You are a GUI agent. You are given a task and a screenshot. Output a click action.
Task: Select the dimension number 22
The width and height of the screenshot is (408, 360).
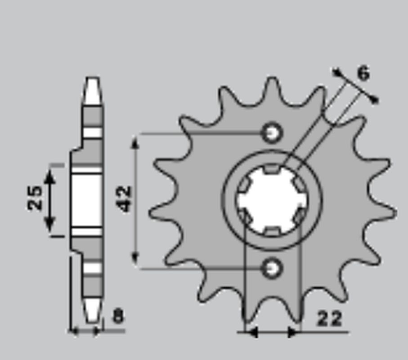pyautogui.click(x=330, y=319)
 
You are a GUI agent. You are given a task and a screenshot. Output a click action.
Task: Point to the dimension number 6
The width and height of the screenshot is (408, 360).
pyautogui.click(x=363, y=73)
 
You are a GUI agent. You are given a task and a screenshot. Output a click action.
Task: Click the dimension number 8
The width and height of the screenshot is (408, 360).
pyautogui.click(x=117, y=316)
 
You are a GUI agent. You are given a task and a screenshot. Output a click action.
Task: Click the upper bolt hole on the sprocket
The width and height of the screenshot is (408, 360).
pyautogui.click(x=272, y=132)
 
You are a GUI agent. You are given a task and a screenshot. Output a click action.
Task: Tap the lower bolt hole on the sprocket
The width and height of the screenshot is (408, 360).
pyautogui.click(x=272, y=268)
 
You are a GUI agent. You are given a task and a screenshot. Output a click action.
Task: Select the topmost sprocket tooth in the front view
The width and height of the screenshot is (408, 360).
pyautogui.click(x=272, y=88)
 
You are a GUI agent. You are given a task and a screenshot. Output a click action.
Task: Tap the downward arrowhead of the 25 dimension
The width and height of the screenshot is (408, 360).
pyautogui.click(x=49, y=223)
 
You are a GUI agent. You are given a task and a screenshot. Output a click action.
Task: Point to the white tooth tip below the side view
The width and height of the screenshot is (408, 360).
pyautogui.click(x=92, y=310)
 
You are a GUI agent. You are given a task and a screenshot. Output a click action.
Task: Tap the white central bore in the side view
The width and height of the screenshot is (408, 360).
pyautogui.click(x=87, y=200)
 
